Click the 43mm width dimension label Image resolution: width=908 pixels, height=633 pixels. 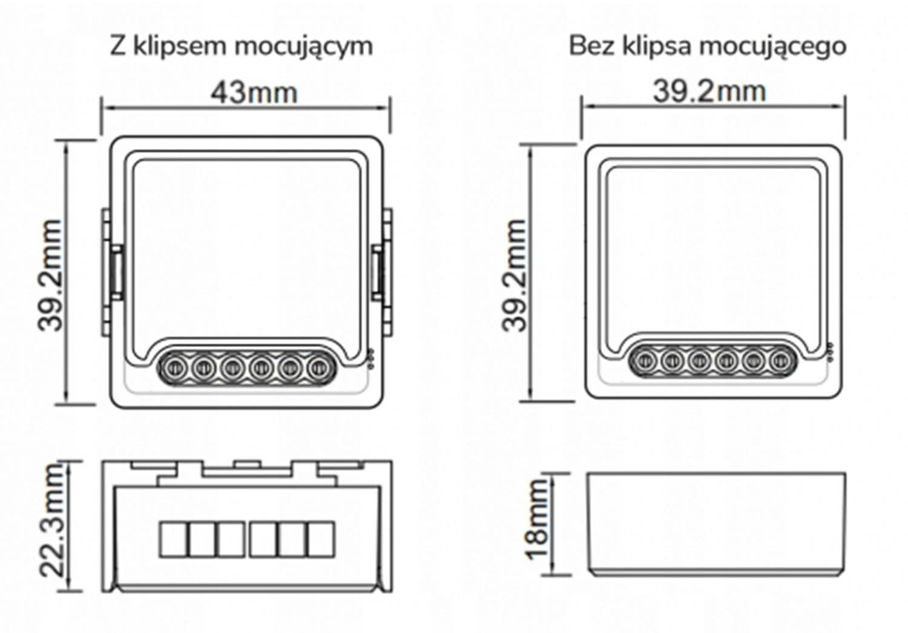[254, 93]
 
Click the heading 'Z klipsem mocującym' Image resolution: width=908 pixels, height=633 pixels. [242, 47]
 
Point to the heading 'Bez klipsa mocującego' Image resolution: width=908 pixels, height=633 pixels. [708, 47]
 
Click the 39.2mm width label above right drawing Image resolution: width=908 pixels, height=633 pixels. [709, 91]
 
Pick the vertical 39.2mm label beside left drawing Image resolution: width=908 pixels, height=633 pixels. [50, 275]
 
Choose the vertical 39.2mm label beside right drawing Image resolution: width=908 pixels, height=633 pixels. [514, 275]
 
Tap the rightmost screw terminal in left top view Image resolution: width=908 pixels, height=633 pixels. [319, 367]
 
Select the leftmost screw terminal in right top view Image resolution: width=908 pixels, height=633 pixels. [645, 359]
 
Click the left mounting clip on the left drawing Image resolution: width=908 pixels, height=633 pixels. [111, 272]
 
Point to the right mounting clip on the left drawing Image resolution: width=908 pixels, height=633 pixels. [382, 272]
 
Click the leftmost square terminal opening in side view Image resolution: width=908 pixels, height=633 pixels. [173, 539]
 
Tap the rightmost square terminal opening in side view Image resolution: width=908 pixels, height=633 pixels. [321, 539]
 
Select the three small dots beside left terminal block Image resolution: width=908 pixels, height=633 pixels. [370, 359]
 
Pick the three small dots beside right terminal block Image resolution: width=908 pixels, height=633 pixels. [829, 351]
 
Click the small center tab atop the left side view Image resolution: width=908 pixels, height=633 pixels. [247, 463]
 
